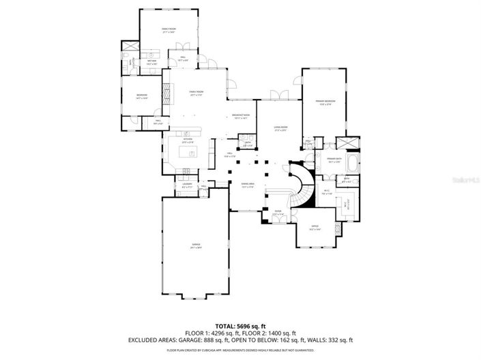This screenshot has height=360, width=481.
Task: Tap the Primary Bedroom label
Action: [x=323, y=102]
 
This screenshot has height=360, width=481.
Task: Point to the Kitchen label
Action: [x=188, y=140]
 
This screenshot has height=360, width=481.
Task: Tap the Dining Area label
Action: [x=247, y=185]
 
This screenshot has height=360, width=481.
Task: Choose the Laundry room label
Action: [x=178, y=185]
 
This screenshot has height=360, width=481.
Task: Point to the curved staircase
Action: [x=301, y=183]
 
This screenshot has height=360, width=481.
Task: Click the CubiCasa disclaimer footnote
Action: [x=240, y=350]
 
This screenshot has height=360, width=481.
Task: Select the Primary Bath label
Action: [x=334, y=161]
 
